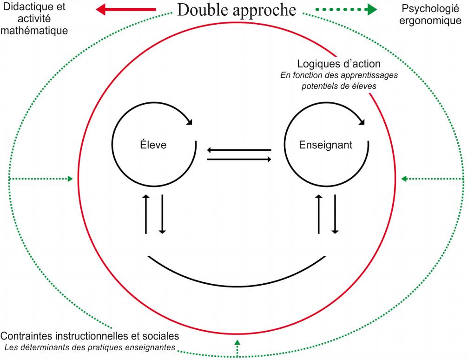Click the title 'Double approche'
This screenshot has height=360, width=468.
pyautogui.click(x=237, y=11)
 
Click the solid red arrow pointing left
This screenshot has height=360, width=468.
pyautogui.click(x=126, y=9)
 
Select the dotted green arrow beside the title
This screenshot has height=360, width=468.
pyautogui.click(x=346, y=9)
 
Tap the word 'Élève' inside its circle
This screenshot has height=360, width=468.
pyautogui.click(x=153, y=145)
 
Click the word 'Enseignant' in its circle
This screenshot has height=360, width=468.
pyautogui.click(x=326, y=145)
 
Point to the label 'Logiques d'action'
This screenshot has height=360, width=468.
pyautogui.click(x=339, y=64)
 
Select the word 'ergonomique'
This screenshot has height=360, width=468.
pyautogui.click(x=430, y=21)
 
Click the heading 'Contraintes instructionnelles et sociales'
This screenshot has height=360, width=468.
pyautogui.click(x=90, y=336)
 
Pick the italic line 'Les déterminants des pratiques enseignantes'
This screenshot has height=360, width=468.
pyautogui.click(x=90, y=347)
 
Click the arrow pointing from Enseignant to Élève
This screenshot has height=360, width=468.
pyautogui.click(x=239, y=150)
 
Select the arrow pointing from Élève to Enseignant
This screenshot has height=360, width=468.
pyautogui.click(x=239, y=160)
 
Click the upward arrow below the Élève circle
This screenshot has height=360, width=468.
pyautogui.click(x=146, y=214)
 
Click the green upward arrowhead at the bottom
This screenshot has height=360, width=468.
pyautogui.click(x=237, y=343)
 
